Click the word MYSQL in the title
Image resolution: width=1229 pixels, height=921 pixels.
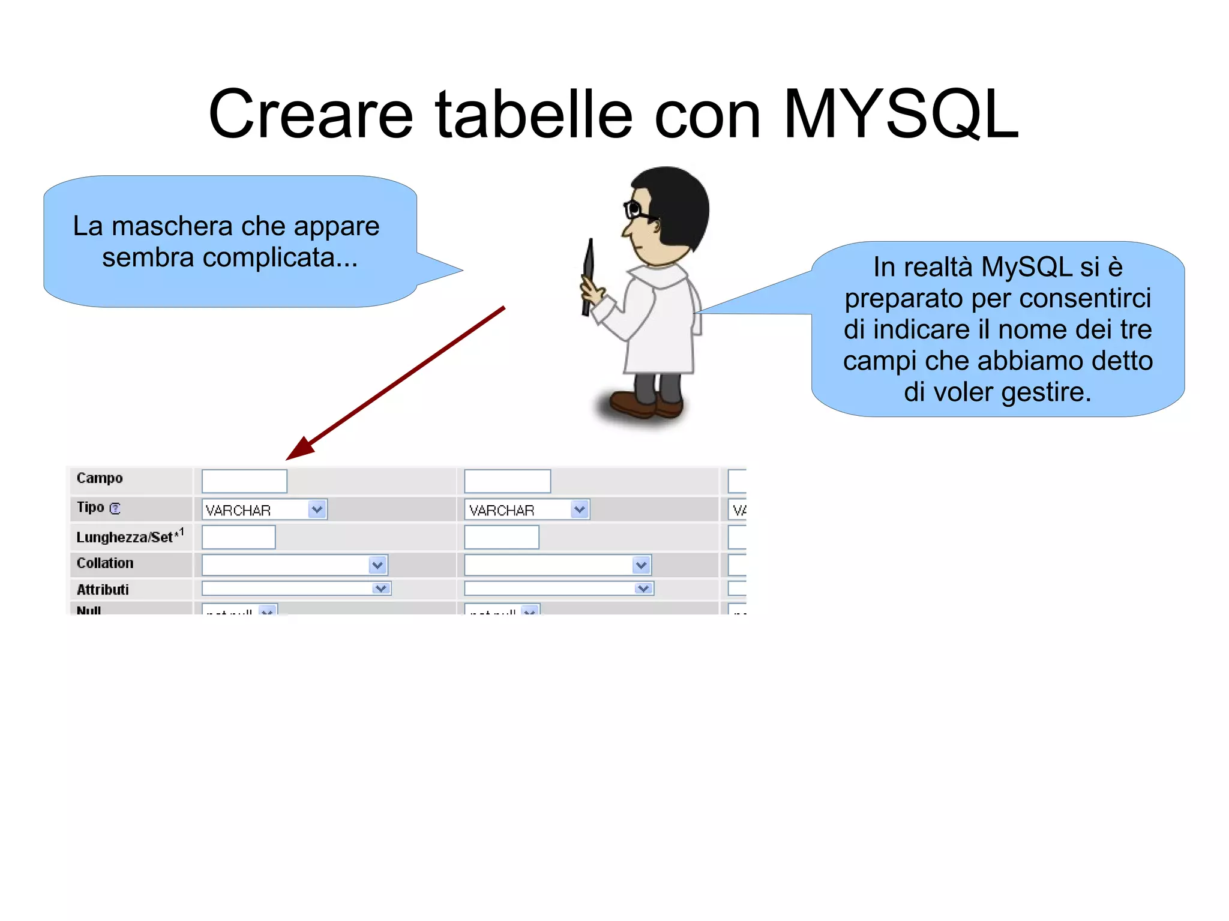[900, 114]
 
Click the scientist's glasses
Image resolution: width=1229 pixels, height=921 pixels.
[636, 210]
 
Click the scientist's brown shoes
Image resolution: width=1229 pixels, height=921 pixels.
[645, 404]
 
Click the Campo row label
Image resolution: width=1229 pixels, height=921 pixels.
[100, 478]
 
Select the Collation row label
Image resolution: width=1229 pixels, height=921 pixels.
[105, 563]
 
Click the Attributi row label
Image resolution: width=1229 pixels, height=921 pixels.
[103, 589]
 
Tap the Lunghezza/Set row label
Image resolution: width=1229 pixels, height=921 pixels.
[125, 537]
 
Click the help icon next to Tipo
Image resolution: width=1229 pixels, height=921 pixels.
[115, 508]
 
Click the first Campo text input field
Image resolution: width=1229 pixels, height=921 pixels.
[244, 481]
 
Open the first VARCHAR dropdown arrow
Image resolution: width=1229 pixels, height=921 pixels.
[317, 509]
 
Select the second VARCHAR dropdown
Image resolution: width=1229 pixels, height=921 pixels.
[526, 509]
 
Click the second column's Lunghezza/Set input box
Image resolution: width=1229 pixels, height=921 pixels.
[501, 537]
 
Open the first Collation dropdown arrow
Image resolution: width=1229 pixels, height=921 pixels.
[377, 565]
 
